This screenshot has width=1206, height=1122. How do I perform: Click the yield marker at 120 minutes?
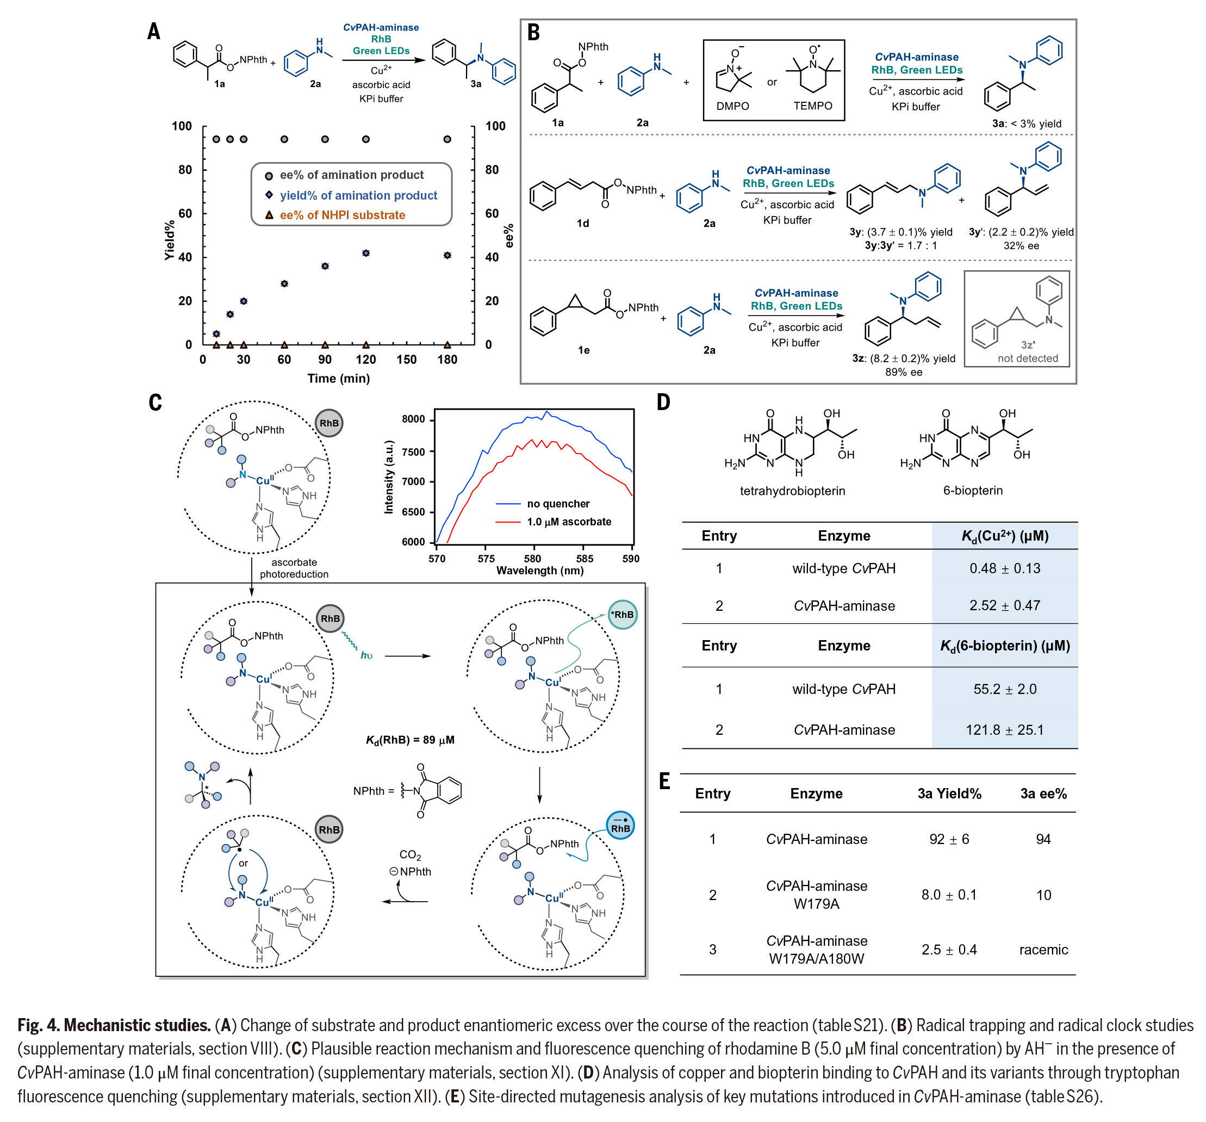click(366, 253)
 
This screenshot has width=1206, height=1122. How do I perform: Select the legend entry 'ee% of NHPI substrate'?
click(342, 215)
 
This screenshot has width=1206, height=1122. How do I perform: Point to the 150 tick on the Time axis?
click(407, 359)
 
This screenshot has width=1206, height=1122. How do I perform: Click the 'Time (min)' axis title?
click(339, 378)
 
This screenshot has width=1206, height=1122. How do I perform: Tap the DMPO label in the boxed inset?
click(732, 106)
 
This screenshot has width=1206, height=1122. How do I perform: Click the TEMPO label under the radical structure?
click(812, 106)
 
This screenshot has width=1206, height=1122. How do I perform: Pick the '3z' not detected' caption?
click(1028, 352)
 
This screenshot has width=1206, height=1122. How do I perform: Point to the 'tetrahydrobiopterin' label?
click(792, 491)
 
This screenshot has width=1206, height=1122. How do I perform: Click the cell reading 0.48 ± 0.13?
click(1005, 568)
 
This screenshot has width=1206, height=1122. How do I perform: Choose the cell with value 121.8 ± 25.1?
click(1005, 729)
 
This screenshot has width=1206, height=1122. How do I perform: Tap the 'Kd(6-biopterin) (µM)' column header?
click(1005, 645)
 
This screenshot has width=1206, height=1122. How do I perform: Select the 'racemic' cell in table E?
click(1043, 949)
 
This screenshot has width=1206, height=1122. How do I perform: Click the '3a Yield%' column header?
click(949, 793)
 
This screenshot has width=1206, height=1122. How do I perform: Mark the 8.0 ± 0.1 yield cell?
click(949, 895)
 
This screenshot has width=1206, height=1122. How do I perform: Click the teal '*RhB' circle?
click(623, 615)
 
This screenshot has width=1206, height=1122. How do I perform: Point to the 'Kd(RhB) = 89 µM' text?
click(410, 740)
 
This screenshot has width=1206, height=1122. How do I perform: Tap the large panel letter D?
click(664, 402)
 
